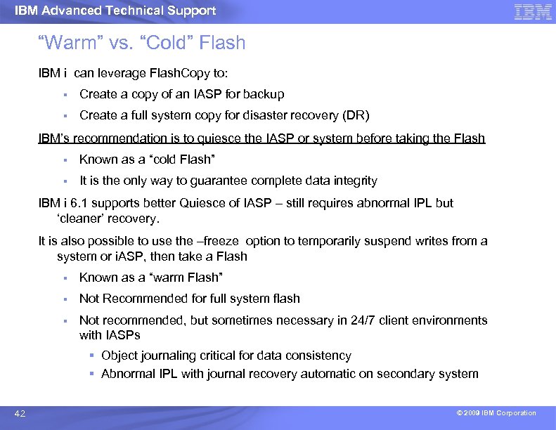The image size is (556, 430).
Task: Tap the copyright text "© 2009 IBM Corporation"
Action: click(496, 413)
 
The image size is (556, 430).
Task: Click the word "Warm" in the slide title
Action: click(70, 43)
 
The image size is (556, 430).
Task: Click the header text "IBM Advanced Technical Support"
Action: click(115, 11)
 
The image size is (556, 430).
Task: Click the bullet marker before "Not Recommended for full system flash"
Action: click(63, 299)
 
